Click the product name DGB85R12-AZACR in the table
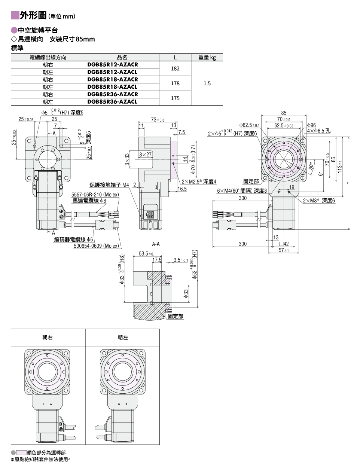click(113, 65)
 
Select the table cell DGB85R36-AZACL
click(112, 102)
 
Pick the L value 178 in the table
click(175, 83)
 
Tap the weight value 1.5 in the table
click(207, 83)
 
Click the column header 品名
click(122, 57)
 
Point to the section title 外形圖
click(33, 15)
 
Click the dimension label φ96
click(311, 125)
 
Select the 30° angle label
click(311, 166)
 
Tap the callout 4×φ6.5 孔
click(318, 131)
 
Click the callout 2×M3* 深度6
click(319, 201)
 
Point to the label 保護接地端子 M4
click(109, 185)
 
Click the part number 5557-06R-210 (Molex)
click(95, 195)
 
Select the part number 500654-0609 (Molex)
click(96, 246)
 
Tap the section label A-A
click(156, 244)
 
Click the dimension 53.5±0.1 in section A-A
click(147, 254)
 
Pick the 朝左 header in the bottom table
click(123, 338)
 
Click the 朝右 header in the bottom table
click(48, 338)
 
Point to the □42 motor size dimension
click(284, 244)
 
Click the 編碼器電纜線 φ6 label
click(73, 239)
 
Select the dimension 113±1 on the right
click(340, 167)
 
